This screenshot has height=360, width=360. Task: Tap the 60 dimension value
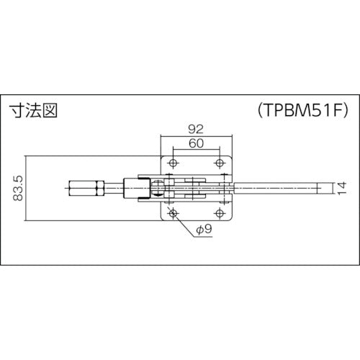point(195,143)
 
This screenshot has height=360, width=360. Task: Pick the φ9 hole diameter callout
point(204,231)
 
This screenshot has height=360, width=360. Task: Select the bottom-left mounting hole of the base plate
point(172,215)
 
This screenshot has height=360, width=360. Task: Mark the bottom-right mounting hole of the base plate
point(219,215)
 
